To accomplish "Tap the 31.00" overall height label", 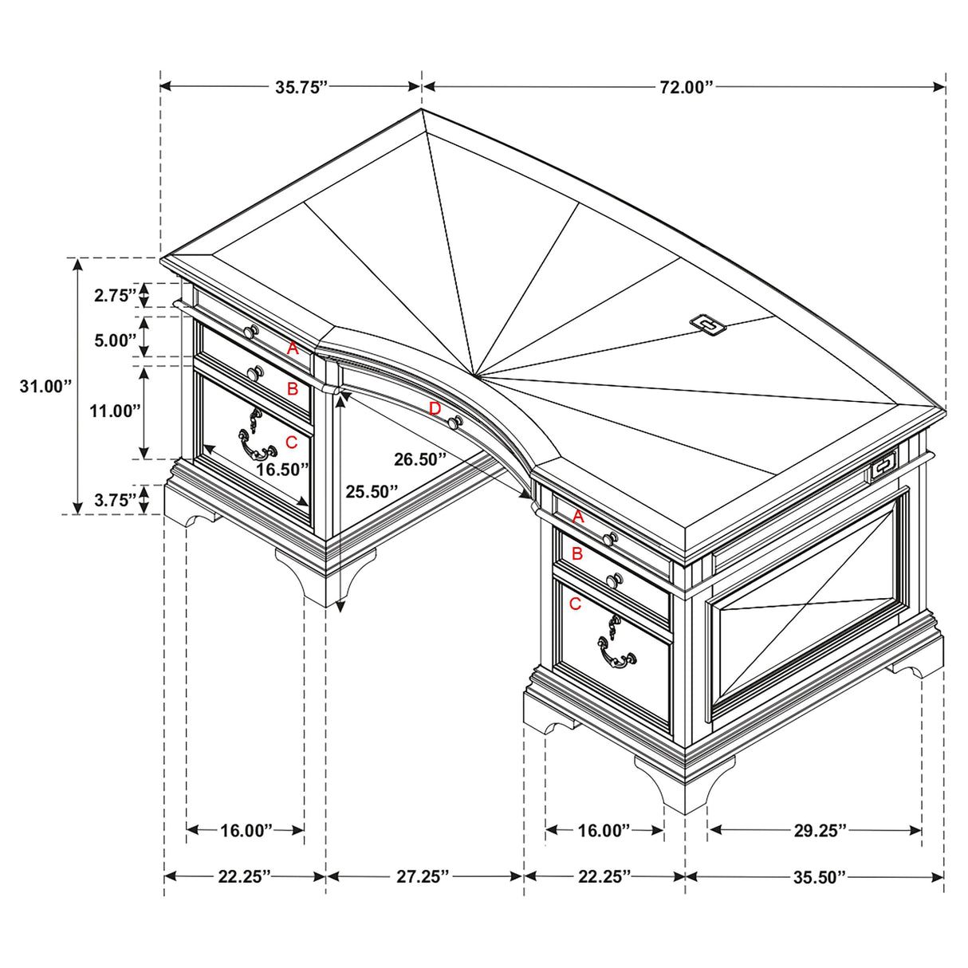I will coord(45,387).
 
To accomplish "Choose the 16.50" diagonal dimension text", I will coord(282,470).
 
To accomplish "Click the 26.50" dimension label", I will coord(419,459).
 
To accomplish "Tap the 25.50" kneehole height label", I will coord(372,492).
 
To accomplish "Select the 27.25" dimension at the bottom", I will coord(423,877).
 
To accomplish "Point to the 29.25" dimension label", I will coord(819,831).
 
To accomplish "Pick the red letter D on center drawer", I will coord(435,409).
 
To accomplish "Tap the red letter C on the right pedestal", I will coord(576,604).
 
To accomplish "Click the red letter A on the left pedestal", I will coord(293,348).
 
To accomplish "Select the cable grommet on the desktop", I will coord(707,323).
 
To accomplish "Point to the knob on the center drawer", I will coord(455,422).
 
